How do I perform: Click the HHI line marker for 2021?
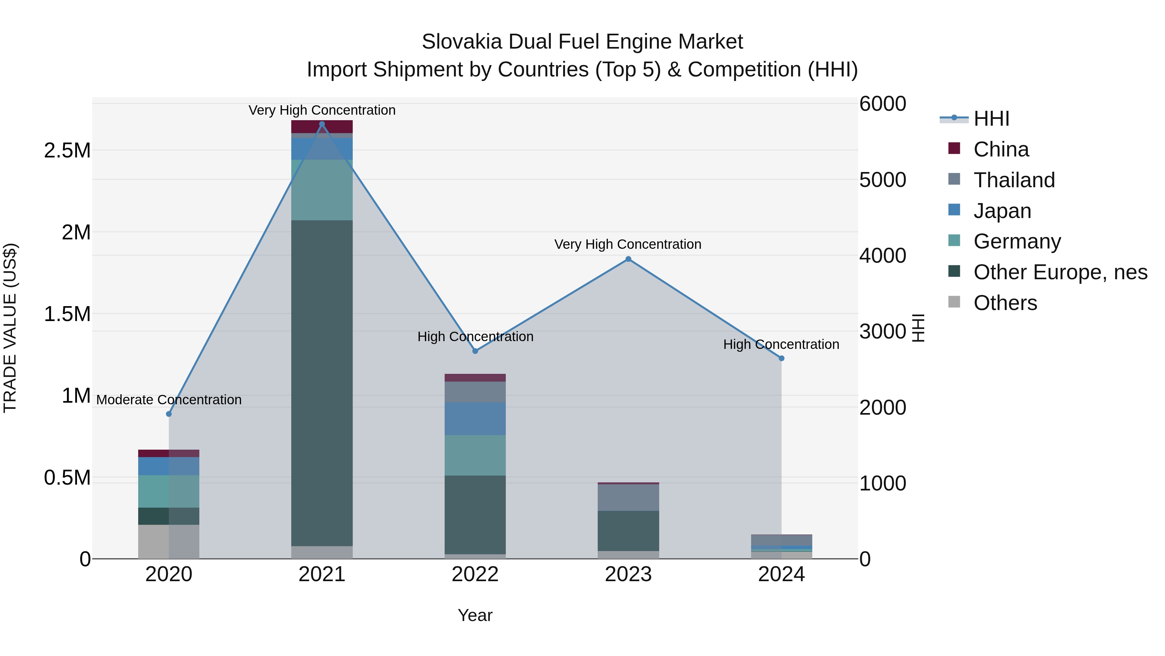click(x=322, y=124)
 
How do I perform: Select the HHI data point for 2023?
click(x=628, y=259)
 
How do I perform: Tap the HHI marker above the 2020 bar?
click(x=169, y=414)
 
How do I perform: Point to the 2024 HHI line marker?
click(x=781, y=358)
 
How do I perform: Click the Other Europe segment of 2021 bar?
click(x=322, y=383)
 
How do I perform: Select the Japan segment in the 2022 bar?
click(x=475, y=419)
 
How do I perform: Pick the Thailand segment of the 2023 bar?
click(x=628, y=498)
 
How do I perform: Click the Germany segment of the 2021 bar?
click(x=322, y=190)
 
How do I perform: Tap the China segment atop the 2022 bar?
click(x=475, y=378)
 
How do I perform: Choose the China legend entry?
click(x=1001, y=149)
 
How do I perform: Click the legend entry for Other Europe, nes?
click(x=1060, y=272)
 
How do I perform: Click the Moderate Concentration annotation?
click(x=169, y=400)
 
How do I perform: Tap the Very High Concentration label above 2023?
click(x=628, y=245)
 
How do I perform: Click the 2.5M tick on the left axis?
click(x=67, y=150)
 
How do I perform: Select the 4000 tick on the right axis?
click(x=882, y=256)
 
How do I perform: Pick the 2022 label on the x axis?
click(x=475, y=574)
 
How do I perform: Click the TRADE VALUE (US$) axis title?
click(x=10, y=328)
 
